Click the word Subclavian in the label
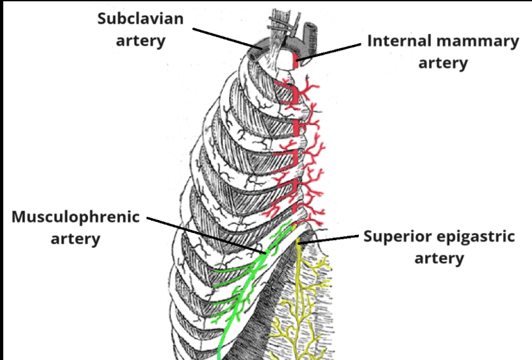(141, 18)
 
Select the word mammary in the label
(480, 42)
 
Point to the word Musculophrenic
(76, 217)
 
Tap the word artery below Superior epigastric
(440, 258)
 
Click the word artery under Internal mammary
(443, 63)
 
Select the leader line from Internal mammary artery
(332, 53)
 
